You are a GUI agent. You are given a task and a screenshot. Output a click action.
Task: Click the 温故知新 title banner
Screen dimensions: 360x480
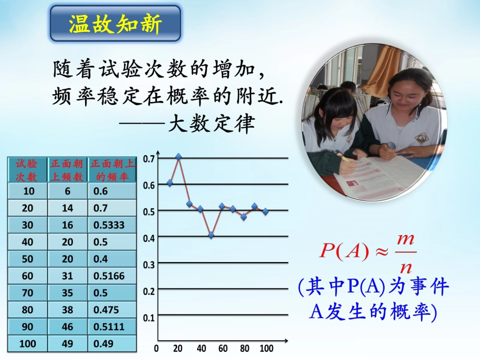pyautogui.click(x=115, y=24)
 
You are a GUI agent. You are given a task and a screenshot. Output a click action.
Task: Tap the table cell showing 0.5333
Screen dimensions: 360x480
pyautogui.click(x=112, y=225)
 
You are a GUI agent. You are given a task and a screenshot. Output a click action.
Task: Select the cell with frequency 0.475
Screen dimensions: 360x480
pyautogui.click(x=112, y=310)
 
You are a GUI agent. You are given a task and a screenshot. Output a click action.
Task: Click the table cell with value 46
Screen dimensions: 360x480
pyautogui.click(x=67, y=327)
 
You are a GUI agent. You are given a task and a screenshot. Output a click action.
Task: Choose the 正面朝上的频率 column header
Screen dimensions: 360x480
pyautogui.click(x=112, y=170)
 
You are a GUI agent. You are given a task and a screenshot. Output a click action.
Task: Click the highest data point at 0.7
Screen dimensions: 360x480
pyautogui.click(x=178, y=157)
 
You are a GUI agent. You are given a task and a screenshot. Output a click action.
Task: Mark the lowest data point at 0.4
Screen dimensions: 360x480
pyautogui.click(x=211, y=235)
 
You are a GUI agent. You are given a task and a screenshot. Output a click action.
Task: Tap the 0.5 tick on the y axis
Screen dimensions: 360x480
pyautogui.click(x=149, y=211)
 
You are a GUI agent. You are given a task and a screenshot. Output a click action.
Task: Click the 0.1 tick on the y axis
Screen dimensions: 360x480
pyautogui.click(x=149, y=318)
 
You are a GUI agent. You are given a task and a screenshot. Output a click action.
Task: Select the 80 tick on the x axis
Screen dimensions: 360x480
pyautogui.click(x=244, y=348)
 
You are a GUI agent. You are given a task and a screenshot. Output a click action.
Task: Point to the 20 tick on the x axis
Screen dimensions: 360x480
pyautogui.click(x=177, y=348)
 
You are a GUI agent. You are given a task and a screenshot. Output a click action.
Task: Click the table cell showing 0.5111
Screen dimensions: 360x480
pyautogui.click(x=112, y=327)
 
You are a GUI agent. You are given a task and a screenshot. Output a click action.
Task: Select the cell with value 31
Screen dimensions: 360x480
pyautogui.click(x=67, y=276)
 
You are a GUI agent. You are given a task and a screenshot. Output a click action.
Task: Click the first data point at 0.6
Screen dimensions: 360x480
pyautogui.click(x=170, y=183)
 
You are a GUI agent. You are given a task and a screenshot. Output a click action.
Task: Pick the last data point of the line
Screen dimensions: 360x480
pyautogui.click(x=266, y=212)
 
